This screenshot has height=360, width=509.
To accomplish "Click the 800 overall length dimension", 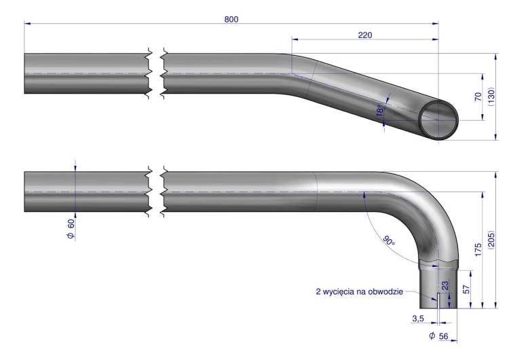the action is (231, 20).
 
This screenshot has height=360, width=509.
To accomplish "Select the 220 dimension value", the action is (365, 35).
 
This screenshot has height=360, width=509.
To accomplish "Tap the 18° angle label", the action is (381, 110).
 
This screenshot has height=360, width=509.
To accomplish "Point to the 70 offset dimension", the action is (478, 97).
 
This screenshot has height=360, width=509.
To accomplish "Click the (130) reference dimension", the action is (491, 97).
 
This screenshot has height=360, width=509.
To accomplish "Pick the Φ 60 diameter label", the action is (71, 229).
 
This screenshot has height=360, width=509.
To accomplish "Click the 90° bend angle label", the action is (389, 240).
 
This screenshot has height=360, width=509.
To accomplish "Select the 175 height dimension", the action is (478, 249).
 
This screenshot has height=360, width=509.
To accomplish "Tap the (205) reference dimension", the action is (491, 240).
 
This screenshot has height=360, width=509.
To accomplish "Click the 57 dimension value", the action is (466, 289).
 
